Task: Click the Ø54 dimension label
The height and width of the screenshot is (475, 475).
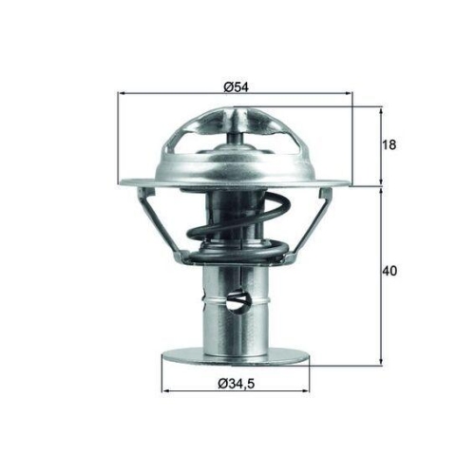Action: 236,86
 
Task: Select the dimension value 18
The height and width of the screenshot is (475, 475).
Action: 390,144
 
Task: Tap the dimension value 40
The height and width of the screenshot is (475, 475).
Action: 390,271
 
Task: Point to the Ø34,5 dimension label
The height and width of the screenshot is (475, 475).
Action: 237,384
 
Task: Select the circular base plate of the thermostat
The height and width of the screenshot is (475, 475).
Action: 237,357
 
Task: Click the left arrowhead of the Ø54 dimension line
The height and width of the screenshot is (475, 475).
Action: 122,95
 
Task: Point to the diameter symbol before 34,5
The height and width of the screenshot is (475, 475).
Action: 221,384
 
